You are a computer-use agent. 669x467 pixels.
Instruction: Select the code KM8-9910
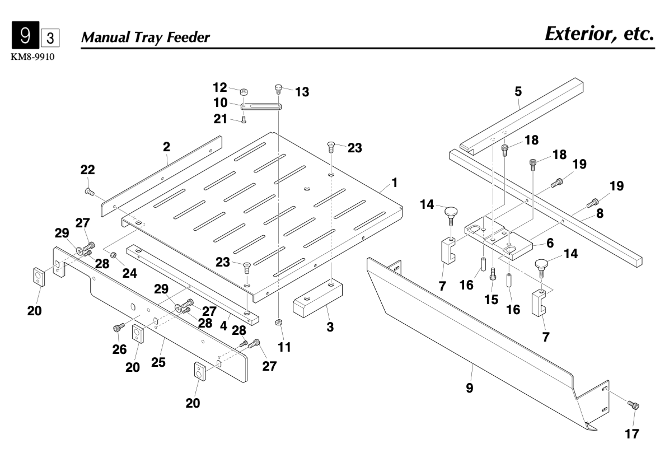(31, 58)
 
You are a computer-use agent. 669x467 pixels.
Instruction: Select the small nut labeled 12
(245, 92)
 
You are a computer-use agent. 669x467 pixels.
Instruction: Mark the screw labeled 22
(88, 192)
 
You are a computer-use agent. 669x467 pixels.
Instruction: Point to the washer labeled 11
(278, 323)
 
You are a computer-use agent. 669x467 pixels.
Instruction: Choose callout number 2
(166, 147)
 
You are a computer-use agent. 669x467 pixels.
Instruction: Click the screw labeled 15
(493, 274)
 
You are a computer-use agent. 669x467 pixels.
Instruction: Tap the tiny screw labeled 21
(244, 118)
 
